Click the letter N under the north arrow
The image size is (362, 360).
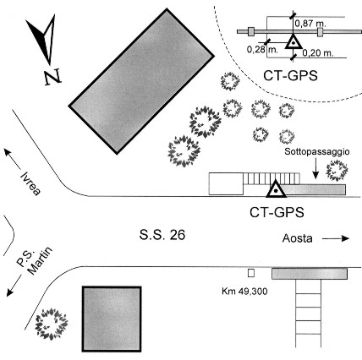(x=52, y=77)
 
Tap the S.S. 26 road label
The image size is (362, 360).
(x=162, y=235)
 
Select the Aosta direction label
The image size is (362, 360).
(x=298, y=238)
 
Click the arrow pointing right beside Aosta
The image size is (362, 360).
(x=336, y=238)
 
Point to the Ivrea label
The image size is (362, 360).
(x=30, y=183)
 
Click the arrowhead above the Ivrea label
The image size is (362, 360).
(x=8, y=152)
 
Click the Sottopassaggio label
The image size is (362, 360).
(x=317, y=151)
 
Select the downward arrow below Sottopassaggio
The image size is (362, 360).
(x=315, y=168)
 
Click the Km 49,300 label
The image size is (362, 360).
(x=244, y=291)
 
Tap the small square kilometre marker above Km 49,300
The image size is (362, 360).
(x=251, y=273)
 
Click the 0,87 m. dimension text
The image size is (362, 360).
(x=310, y=24)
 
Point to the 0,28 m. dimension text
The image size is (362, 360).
(x=262, y=50)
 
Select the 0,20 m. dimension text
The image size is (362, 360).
(x=318, y=53)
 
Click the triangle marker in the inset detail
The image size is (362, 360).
(x=293, y=42)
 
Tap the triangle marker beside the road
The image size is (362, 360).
(x=276, y=189)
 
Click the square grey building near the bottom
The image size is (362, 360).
(x=112, y=319)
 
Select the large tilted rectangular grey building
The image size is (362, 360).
(x=141, y=81)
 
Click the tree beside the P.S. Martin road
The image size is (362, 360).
(x=52, y=324)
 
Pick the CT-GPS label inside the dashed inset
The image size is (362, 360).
(x=290, y=76)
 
